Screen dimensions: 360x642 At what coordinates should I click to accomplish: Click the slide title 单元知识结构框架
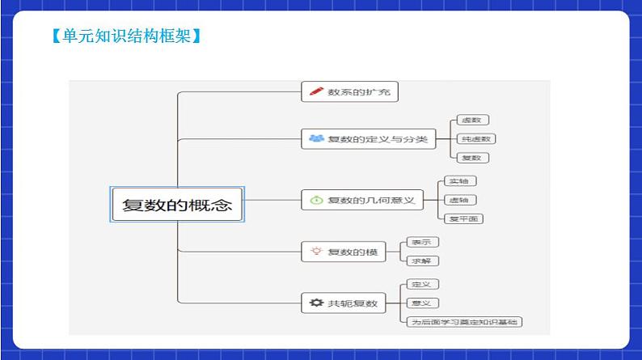pos(125,36)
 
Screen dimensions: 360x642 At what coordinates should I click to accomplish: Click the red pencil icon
pos(314,92)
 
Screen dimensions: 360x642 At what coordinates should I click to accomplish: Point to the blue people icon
pos(315,139)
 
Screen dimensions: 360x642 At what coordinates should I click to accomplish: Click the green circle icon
pos(315,200)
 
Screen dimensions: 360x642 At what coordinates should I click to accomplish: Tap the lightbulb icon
pos(315,252)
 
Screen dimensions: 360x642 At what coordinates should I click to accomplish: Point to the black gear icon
pos(315,303)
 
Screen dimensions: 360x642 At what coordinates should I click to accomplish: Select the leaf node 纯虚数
pos(475,139)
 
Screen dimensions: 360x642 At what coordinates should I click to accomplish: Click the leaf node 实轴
pos(458,181)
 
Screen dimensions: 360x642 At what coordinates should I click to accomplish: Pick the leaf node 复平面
pos(464,218)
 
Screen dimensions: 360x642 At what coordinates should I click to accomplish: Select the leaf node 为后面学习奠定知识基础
pos(464,322)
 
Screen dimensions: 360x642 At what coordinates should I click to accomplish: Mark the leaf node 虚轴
pos(458,200)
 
